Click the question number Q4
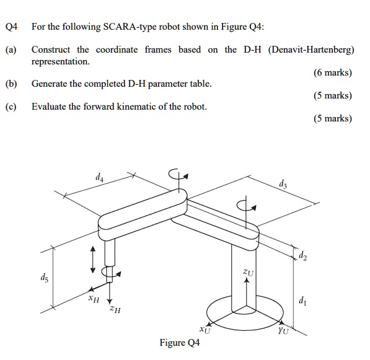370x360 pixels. click(x=11, y=27)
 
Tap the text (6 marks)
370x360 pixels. click(x=333, y=72)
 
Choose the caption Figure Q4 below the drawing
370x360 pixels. click(x=180, y=343)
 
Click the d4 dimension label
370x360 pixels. click(x=100, y=178)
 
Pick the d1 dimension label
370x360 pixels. click(x=301, y=302)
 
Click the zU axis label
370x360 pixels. click(x=249, y=271)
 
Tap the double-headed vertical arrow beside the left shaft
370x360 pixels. click(x=94, y=258)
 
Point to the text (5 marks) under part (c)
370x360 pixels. click(x=333, y=118)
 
